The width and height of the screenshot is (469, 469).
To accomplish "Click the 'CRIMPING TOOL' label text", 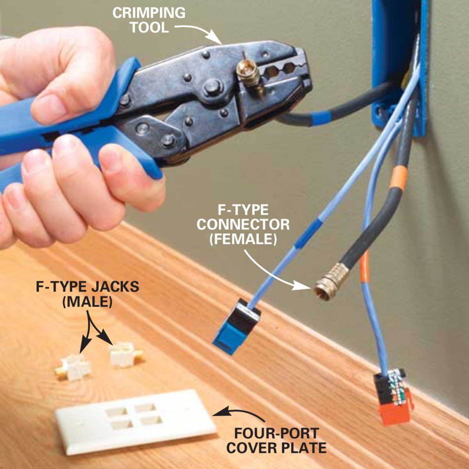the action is point(149,20).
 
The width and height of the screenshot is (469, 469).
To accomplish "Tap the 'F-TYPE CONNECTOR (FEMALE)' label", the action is point(243,224).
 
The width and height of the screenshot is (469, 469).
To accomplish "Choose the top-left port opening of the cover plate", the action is point(116,404).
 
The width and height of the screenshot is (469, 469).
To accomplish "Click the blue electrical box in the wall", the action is point(399,66).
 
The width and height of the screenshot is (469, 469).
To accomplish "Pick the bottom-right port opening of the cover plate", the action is point(151,420).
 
